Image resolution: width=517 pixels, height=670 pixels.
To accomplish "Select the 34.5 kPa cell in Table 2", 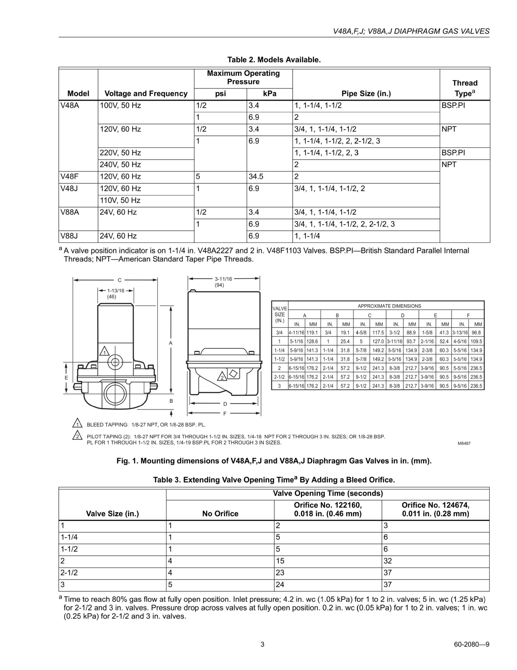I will (x=256, y=177).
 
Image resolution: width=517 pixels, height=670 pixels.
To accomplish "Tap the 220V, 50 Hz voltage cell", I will (x=120, y=153).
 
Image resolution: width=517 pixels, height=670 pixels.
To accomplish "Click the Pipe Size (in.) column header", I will (x=366, y=94).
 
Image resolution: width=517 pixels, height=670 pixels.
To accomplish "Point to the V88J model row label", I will (x=69, y=236).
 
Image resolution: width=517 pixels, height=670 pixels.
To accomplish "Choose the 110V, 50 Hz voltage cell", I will (x=120, y=200).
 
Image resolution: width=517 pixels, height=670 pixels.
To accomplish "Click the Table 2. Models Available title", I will (x=274, y=60).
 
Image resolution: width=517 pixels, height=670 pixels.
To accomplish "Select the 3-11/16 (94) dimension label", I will (x=223, y=282).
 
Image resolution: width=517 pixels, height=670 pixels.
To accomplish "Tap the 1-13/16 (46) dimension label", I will (x=115, y=293).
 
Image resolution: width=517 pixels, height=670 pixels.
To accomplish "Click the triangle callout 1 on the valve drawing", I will (x=104, y=352).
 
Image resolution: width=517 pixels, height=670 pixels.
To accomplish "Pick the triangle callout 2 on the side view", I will (x=222, y=377).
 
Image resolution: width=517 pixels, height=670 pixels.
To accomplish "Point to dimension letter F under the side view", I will (x=225, y=414).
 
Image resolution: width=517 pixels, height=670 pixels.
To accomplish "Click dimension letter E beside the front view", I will (x=66, y=378).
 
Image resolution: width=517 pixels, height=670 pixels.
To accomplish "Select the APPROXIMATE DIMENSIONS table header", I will (x=389, y=306).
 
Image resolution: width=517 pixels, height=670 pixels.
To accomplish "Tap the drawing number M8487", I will (x=464, y=443).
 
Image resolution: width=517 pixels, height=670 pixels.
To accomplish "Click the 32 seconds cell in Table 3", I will (x=388, y=561).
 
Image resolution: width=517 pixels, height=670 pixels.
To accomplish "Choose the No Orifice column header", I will (x=220, y=513).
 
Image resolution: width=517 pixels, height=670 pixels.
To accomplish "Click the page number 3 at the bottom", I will (x=263, y=645).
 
